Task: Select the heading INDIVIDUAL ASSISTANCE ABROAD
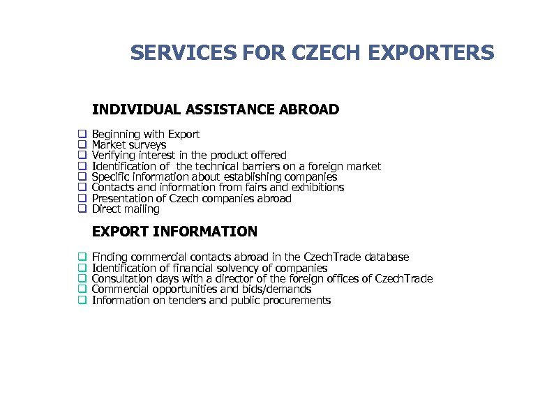click(x=216, y=110)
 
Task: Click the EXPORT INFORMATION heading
click(x=174, y=232)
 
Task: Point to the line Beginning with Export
click(x=146, y=134)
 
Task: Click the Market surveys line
click(x=129, y=145)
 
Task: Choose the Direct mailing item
click(x=126, y=209)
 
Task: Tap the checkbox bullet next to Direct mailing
click(x=82, y=209)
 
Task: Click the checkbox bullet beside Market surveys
click(x=82, y=144)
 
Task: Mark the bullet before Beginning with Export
click(x=82, y=133)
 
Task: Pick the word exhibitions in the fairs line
click(x=317, y=188)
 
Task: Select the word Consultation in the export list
click(x=121, y=279)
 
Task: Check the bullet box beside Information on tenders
click(x=82, y=300)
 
